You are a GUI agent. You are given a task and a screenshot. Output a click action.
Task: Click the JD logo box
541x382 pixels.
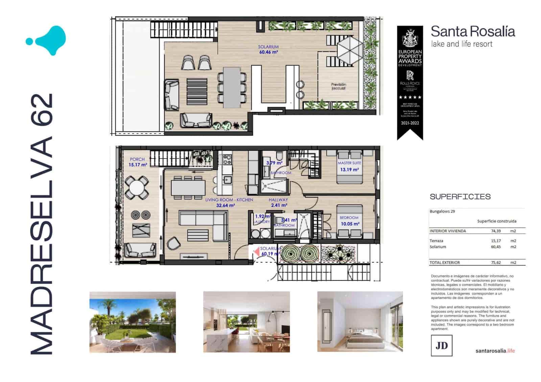click(x=441, y=345)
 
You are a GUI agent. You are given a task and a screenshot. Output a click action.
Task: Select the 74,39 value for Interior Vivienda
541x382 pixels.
click(x=496, y=231)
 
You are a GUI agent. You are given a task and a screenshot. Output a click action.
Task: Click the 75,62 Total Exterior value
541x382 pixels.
click(x=496, y=262)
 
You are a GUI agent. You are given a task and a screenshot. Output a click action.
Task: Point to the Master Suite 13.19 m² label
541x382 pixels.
click(x=349, y=167)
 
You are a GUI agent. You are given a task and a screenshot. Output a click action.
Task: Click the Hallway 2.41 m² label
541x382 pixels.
click(x=278, y=202)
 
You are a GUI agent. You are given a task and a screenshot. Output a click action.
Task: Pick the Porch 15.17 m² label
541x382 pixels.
click(x=138, y=162)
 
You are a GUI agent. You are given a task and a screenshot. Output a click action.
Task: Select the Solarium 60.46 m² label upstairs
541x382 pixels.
click(x=268, y=50)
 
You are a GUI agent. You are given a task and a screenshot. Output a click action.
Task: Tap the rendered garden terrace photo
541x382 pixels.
click(x=133, y=322)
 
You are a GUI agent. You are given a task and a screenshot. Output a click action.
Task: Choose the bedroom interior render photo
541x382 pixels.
click(x=360, y=322)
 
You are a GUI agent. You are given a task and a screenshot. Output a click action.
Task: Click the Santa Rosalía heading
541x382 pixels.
click(x=472, y=32)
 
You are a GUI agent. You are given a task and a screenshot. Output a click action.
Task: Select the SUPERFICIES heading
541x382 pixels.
click(x=460, y=197)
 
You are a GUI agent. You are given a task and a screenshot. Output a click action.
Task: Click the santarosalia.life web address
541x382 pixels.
click(x=495, y=351)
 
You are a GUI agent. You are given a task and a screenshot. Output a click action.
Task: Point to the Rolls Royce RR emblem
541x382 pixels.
click(x=410, y=75)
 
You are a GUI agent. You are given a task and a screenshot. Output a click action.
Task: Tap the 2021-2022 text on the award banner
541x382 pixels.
click(x=410, y=123)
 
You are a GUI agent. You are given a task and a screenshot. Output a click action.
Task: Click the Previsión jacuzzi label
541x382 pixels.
click(x=338, y=86)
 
